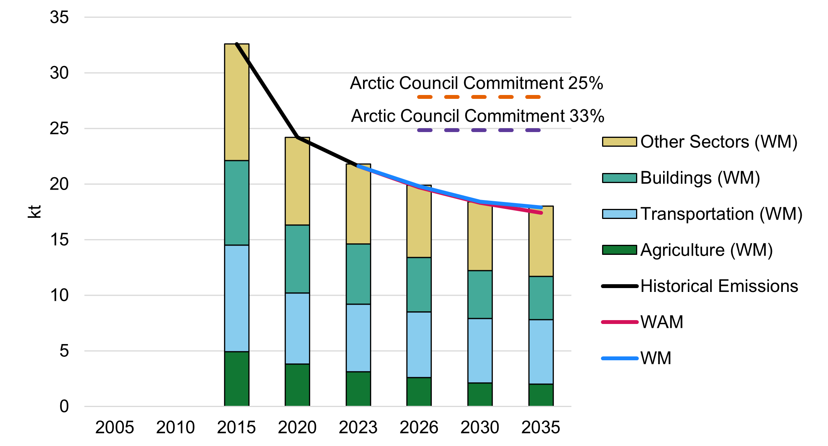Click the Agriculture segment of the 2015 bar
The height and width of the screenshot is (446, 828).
click(x=236, y=378)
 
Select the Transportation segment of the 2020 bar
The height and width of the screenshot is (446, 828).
click(x=297, y=328)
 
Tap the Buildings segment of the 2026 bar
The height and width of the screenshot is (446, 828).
click(x=419, y=285)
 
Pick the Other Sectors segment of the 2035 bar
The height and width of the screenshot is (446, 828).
click(x=541, y=241)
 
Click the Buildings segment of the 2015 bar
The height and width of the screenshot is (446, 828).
click(x=236, y=203)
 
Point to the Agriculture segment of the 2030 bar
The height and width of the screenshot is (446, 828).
click(x=480, y=394)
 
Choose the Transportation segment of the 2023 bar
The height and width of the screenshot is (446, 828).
click(x=358, y=338)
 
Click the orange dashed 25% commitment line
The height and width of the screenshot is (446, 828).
click(x=478, y=97)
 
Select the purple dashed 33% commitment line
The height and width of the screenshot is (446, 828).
click(x=478, y=131)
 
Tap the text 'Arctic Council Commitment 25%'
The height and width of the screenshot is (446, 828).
click(x=476, y=83)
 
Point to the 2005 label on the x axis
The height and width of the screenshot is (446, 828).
click(x=114, y=427)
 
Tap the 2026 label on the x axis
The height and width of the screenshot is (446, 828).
click(x=419, y=427)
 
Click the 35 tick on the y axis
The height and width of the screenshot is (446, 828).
click(x=59, y=17)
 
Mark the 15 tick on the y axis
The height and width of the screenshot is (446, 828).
click(x=59, y=240)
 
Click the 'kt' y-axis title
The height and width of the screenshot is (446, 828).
click(x=34, y=212)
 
